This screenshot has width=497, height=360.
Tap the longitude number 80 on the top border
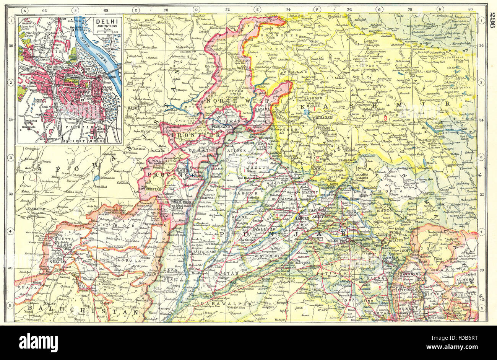coord(470,10)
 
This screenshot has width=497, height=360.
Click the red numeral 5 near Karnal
coord(380,287)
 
